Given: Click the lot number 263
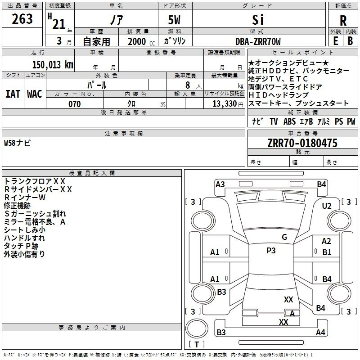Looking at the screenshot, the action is tap(22, 19).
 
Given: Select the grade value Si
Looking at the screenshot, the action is tap(258, 20).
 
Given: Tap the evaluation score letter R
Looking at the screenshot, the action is tap(343, 21).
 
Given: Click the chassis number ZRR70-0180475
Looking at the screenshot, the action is tap(302, 143).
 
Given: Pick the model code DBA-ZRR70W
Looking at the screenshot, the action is tap(258, 41).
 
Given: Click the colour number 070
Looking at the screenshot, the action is tap(74, 104).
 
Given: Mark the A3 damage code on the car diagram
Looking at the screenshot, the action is tap(220, 184).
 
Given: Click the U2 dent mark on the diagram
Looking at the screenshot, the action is tap(327, 206).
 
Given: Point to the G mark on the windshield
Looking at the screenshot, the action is tap(284, 237).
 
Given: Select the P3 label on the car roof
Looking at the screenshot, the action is tap(271, 251).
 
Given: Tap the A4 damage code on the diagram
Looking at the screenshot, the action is tap(320, 333).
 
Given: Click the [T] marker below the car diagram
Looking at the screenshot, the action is tap(196, 344).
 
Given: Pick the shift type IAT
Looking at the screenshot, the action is tap(12, 94).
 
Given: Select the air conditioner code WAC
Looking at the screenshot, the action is tap(34, 94).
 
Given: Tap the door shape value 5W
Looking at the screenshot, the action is tap(175, 20).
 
